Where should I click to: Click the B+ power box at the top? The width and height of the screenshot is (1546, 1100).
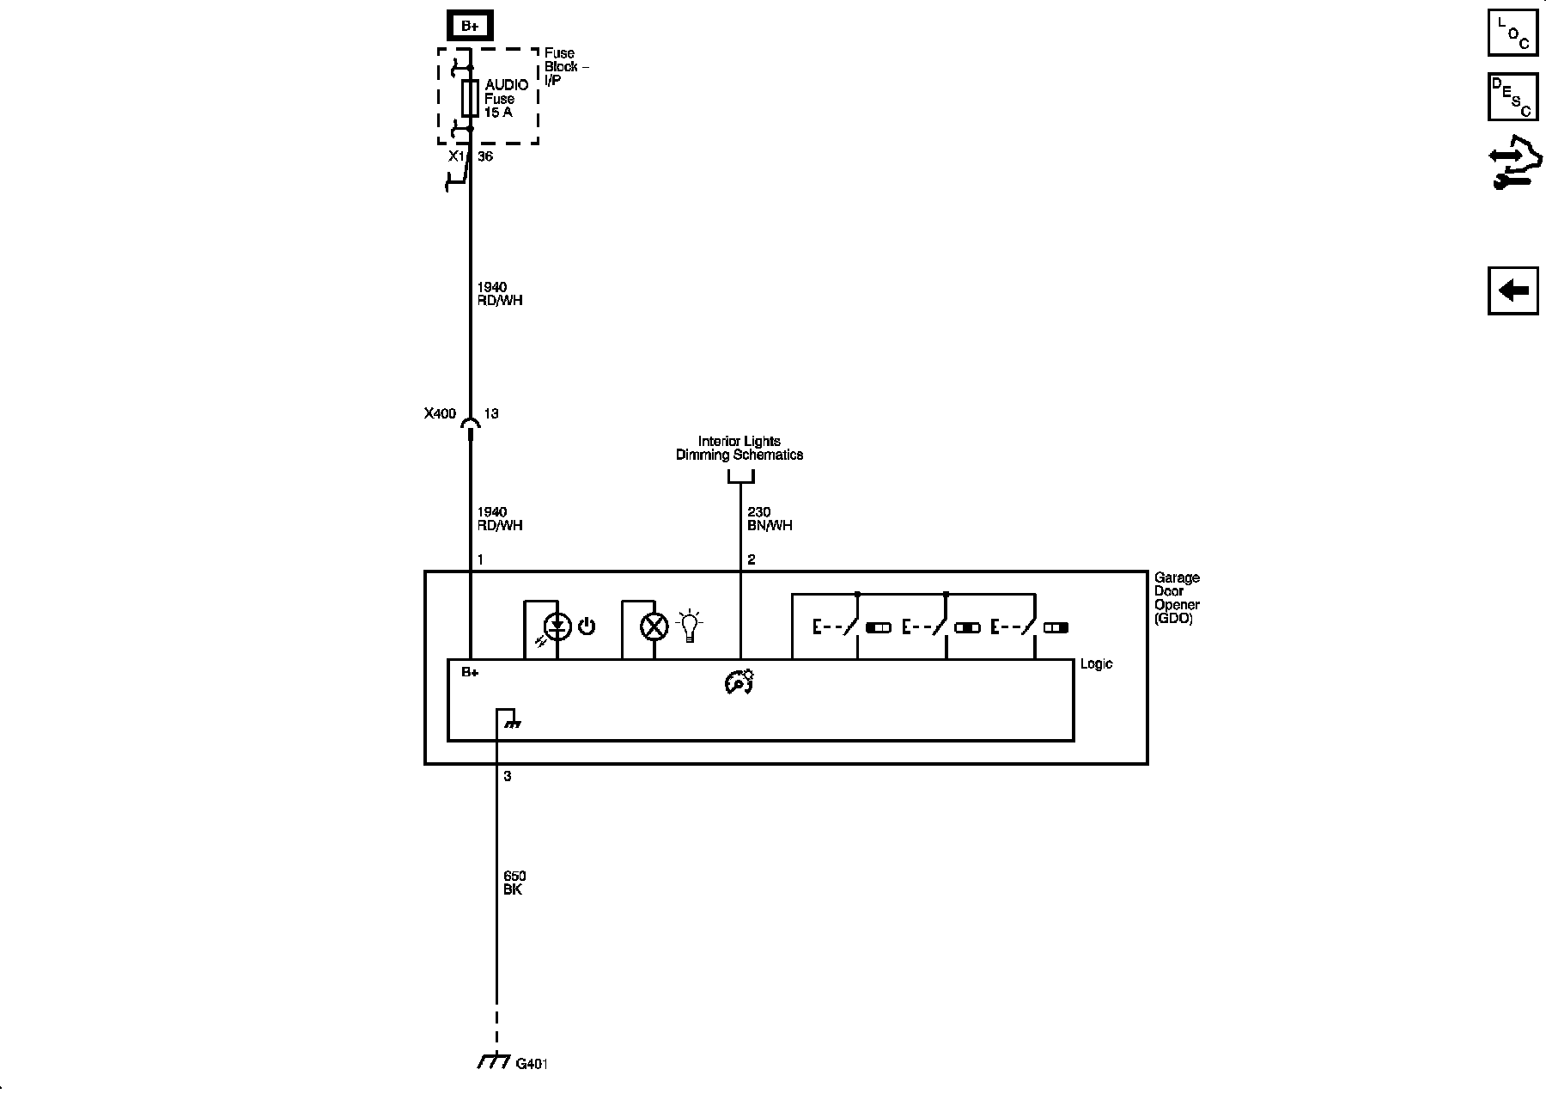(x=470, y=26)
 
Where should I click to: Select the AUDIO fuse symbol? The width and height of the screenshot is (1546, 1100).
(x=470, y=98)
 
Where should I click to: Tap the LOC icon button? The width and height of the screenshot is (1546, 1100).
(x=1513, y=34)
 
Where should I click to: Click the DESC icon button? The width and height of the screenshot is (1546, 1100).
(x=1513, y=97)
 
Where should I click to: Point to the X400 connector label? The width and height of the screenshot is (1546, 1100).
(x=440, y=413)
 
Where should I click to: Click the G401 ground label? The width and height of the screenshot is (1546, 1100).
(x=532, y=1064)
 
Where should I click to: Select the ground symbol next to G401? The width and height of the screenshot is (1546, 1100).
(x=494, y=1062)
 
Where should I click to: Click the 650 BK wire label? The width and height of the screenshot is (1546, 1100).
(x=514, y=883)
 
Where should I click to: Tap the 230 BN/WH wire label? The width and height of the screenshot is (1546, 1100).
(x=769, y=519)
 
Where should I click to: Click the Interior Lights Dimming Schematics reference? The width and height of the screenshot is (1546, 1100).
(x=740, y=448)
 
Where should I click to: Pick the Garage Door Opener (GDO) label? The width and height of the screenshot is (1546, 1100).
(x=1177, y=597)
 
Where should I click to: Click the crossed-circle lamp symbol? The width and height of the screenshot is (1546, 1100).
(x=654, y=626)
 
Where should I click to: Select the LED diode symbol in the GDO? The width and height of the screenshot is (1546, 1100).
(x=558, y=626)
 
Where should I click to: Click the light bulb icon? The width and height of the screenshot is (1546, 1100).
(x=690, y=626)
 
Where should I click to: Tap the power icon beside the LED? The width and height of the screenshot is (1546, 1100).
(x=587, y=626)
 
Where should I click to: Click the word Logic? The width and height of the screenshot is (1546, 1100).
(x=1096, y=664)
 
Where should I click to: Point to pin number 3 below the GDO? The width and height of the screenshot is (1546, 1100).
(x=507, y=776)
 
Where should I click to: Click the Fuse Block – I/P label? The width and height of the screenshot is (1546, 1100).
(x=565, y=66)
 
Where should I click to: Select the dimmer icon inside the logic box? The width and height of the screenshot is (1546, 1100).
(x=739, y=681)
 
